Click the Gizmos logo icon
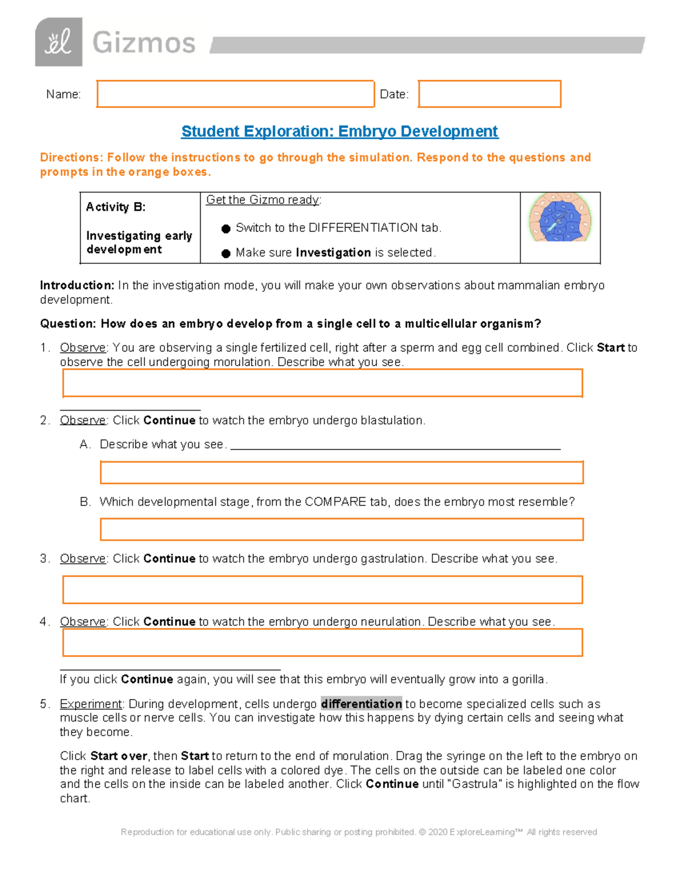tap(58, 42)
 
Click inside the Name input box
tap(235, 94)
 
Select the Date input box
tap(490, 94)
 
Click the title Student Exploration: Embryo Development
tap(339, 131)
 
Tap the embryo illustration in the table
tap(560, 218)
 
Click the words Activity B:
tap(116, 207)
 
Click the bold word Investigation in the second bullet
tap(333, 252)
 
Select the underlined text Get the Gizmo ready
tap(263, 200)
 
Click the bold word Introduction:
tap(77, 285)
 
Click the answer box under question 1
tap(322, 383)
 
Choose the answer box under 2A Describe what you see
tap(342, 473)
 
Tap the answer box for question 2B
tap(342, 529)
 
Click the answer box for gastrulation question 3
tap(322, 590)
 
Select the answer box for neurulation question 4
tap(322, 643)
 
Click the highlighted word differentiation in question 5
tap(362, 704)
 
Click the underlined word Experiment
tap(91, 704)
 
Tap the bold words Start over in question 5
tap(119, 756)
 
